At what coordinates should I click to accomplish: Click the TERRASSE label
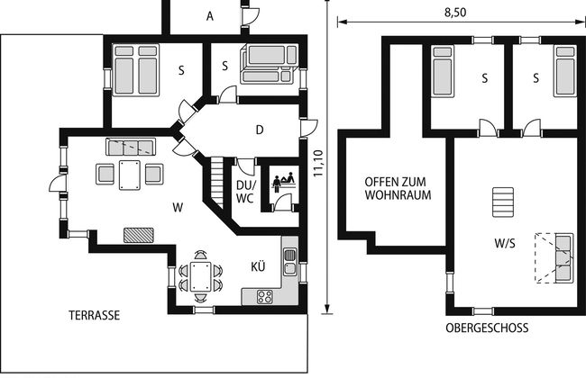pyautogui.click(x=94, y=315)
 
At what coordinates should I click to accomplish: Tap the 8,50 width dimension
pyautogui.click(x=455, y=13)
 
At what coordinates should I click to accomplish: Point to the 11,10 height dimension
pyautogui.click(x=317, y=163)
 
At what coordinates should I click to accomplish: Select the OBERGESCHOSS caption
pyautogui.click(x=487, y=328)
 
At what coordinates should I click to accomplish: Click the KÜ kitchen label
pyautogui.click(x=258, y=266)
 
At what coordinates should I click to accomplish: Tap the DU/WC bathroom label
pyautogui.click(x=245, y=192)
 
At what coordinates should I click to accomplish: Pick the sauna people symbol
pyautogui.click(x=283, y=182)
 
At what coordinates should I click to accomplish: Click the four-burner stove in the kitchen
pyautogui.click(x=264, y=297)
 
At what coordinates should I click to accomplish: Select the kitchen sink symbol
pyautogui.click(x=290, y=262)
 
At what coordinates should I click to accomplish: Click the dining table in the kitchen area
pyautogui.click(x=201, y=276)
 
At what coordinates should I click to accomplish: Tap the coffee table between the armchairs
pyautogui.click(x=130, y=175)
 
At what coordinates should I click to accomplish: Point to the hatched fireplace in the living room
pyautogui.click(x=139, y=235)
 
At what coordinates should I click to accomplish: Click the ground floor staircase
pyautogui.click(x=216, y=182)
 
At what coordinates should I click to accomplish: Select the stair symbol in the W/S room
pyautogui.click(x=503, y=202)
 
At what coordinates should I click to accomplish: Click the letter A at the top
pyautogui.click(x=210, y=16)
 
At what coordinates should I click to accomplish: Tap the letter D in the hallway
pyautogui.click(x=260, y=130)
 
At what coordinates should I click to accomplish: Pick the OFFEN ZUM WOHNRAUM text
pyautogui.click(x=398, y=188)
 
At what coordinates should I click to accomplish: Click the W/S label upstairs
pyautogui.click(x=505, y=243)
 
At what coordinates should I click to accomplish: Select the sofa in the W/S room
pyautogui.click(x=564, y=257)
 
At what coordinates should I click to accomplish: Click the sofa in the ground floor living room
pyautogui.click(x=131, y=147)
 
